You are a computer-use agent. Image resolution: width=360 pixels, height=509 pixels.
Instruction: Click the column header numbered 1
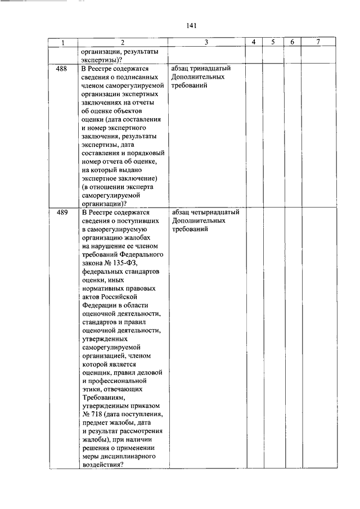[62, 43]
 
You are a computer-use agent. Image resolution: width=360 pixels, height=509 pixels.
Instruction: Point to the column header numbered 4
[254, 43]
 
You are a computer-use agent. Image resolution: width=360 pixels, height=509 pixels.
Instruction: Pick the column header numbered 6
[292, 43]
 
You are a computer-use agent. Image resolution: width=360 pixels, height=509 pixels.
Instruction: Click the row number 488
[62, 69]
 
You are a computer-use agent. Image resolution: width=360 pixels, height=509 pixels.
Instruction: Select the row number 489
[62, 213]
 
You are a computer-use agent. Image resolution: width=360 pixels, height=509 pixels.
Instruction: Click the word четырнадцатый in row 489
[214, 213]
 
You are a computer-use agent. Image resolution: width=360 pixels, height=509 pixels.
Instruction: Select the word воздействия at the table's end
[101, 465]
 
